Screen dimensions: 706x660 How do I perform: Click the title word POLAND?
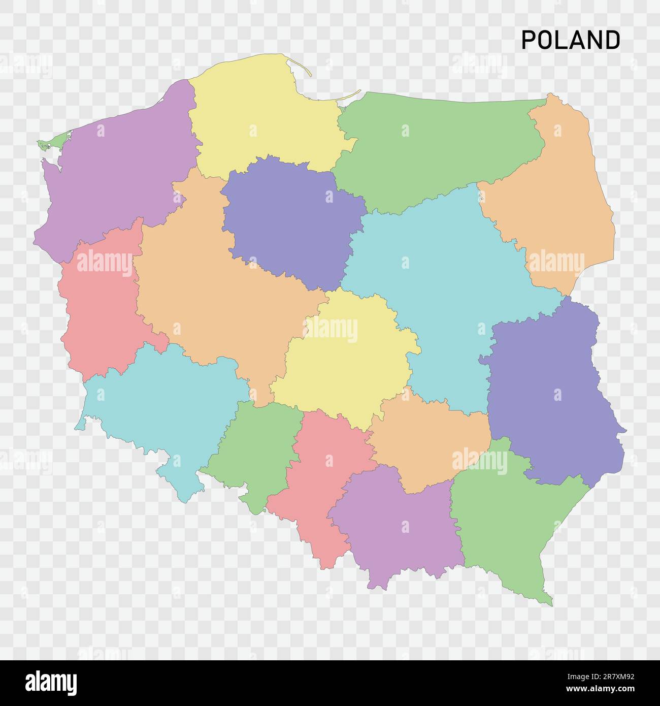pos(570,40)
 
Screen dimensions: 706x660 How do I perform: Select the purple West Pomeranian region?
pos(117,173)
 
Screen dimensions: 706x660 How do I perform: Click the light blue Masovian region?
pos(442,284)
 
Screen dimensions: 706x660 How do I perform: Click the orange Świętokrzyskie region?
pos(432,442)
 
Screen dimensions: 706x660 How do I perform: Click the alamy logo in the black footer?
pos(51,682)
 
